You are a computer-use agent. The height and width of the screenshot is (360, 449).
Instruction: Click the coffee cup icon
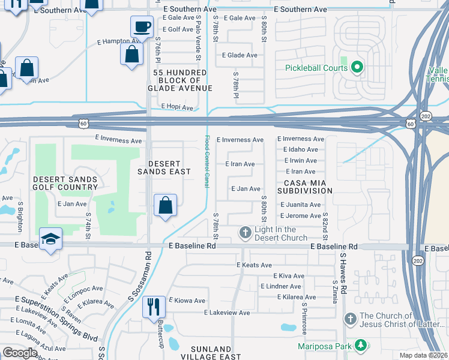click(x=142, y=27)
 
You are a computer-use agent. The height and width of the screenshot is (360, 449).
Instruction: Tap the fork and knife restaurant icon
click(x=154, y=307)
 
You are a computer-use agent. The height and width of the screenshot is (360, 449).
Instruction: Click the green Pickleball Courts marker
click(x=357, y=67)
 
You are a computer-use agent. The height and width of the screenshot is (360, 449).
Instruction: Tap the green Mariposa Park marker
click(x=360, y=345)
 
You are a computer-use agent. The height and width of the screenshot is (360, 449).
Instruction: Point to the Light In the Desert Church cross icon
click(x=245, y=232)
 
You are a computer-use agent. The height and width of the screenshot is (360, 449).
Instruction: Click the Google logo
click(x=20, y=353)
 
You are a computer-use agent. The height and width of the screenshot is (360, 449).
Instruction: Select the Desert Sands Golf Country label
click(x=65, y=183)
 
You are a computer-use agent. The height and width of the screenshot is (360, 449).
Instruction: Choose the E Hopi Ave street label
click(x=177, y=107)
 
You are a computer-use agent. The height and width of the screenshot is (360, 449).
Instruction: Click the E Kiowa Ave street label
click(x=187, y=301)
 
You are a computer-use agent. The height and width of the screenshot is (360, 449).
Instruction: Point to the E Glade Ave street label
click(x=240, y=55)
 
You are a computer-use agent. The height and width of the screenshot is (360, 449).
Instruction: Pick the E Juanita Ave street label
click(x=300, y=205)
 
